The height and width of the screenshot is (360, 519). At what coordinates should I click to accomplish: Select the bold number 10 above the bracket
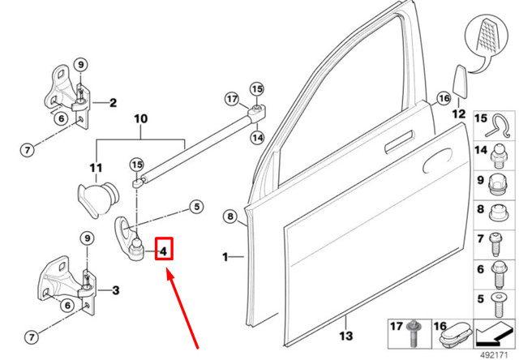[x=141, y=120]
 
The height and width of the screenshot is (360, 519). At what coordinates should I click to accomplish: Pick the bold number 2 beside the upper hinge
[x=113, y=103]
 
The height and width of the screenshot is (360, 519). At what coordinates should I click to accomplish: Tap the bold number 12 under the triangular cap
[x=458, y=114]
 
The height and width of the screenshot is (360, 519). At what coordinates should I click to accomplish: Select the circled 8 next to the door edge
[x=230, y=216]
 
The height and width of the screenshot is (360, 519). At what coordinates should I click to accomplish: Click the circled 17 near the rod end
[x=231, y=99]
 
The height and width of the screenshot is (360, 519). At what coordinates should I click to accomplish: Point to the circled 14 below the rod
[x=257, y=138]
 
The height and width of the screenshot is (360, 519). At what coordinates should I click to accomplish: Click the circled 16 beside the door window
[x=443, y=99]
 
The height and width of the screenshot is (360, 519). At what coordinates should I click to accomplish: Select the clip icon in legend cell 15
[x=497, y=124]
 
